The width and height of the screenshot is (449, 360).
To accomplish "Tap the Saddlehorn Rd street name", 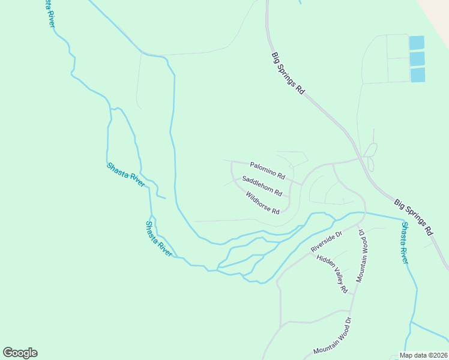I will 262,186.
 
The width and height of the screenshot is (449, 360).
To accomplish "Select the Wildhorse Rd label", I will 263,203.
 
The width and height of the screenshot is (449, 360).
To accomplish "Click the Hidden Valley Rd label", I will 333,273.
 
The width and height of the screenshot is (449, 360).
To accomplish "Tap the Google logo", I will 20,353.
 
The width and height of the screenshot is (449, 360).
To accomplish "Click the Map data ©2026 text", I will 423,355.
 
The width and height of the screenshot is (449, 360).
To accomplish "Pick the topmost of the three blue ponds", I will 417,43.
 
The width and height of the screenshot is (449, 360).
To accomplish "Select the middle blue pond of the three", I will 417,59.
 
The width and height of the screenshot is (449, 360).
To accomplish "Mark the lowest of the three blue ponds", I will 418,75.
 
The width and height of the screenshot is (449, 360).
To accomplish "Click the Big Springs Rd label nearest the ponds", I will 288,73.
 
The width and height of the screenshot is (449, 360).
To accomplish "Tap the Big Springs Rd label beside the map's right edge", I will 414,217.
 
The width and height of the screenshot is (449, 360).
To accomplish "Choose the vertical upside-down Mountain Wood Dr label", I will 362,255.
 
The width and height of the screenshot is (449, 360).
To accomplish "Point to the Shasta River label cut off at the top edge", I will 48,12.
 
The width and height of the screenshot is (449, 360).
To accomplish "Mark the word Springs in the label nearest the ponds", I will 289,73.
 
